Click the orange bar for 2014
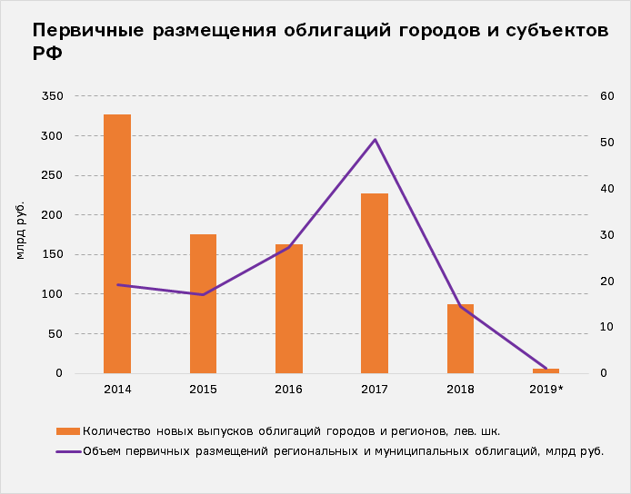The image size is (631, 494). [117, 243]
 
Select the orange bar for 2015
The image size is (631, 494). [203, 303]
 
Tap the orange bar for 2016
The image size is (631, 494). [288, 309]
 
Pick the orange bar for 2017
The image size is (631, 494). [374, 283]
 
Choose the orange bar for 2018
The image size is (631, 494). [460, 339]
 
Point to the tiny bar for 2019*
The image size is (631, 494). [546, 370]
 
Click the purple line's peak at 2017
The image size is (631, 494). [375, 140]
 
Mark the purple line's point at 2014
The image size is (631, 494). [117, 285]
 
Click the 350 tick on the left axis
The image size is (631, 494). [53, 96]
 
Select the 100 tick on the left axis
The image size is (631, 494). [53, 294]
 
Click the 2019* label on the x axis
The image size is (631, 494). [547, 390]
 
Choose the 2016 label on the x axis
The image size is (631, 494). [288, 390]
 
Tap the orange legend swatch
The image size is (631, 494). [68, 431]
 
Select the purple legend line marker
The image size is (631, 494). [68, 450]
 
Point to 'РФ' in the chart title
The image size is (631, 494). [47, 53]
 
